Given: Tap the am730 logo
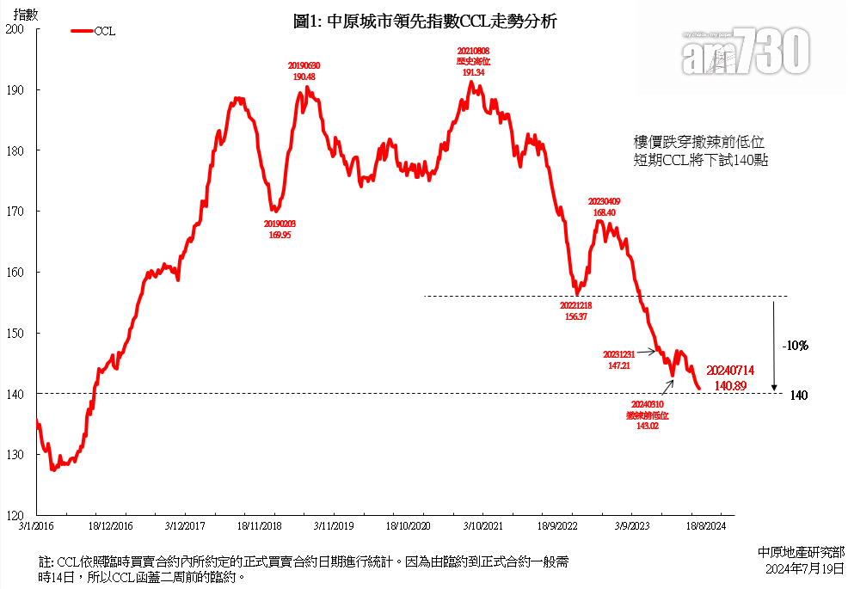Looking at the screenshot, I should click(747, 52).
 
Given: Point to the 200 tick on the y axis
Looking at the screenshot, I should click(15, 29).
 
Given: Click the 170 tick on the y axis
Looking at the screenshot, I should click(15, 212).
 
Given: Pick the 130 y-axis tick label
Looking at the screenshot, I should click(15, 455).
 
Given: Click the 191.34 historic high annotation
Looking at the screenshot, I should click(474, 63).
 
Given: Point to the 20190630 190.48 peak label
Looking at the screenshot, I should click(304, 71).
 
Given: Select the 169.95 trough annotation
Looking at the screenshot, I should click(280, 229).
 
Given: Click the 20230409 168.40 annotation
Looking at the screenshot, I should click(603, 206).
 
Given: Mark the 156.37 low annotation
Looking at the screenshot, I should click(575, 310).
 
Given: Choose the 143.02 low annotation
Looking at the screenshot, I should click(648, 414).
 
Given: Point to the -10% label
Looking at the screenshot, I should click(796, 346).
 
